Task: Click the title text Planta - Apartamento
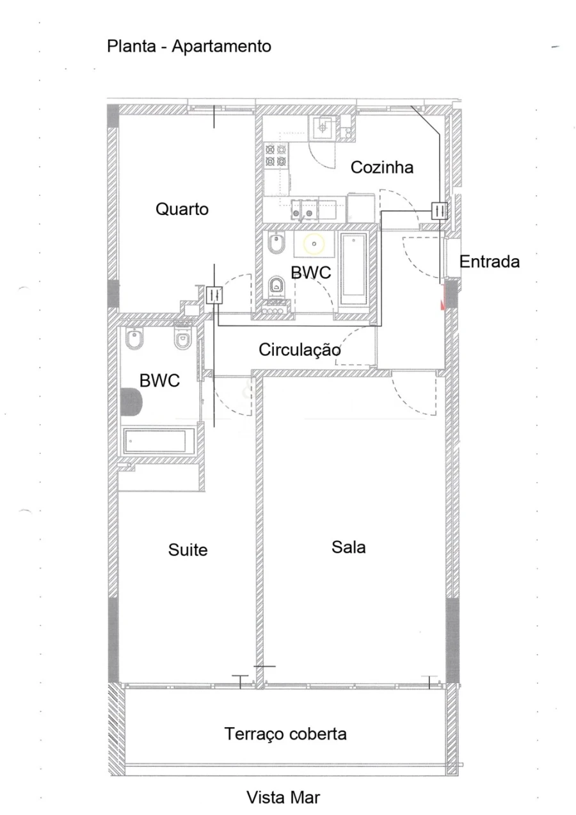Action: pos(189,47)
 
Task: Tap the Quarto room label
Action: pos(182,209)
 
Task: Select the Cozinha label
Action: pos(382,168)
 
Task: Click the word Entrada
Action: pos(490,262)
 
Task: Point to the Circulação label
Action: pos(300,350)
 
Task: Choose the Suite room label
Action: pos(188,549)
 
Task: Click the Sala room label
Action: pos(349,547)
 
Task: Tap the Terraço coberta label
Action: pos(285,734)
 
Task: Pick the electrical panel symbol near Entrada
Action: pos(439,211)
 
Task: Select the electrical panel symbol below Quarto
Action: pos(214,294)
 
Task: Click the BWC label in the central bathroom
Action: pos(311,273)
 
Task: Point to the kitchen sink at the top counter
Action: pos(322,127)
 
